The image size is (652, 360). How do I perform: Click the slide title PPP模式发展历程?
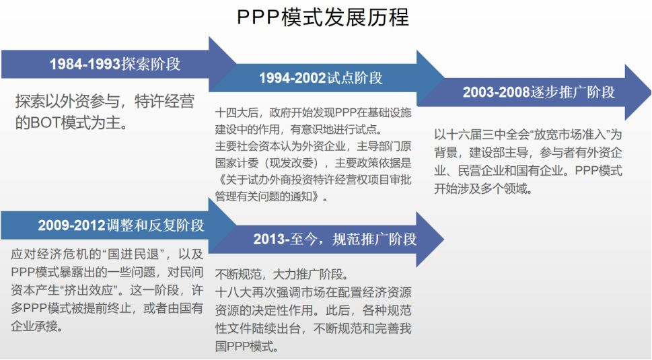(323, 17)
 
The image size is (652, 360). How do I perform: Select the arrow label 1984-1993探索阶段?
(115, 64)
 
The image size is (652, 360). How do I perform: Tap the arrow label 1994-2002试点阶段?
(320, 78)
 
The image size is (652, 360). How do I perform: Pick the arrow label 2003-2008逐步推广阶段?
(538, 92)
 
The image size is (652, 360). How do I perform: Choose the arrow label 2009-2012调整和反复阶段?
(121, 225)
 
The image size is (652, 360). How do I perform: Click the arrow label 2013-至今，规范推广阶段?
(334, 239)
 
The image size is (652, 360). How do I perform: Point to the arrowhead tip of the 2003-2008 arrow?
(651, 92)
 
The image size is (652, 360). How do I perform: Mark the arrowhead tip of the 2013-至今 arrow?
(444, 239)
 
